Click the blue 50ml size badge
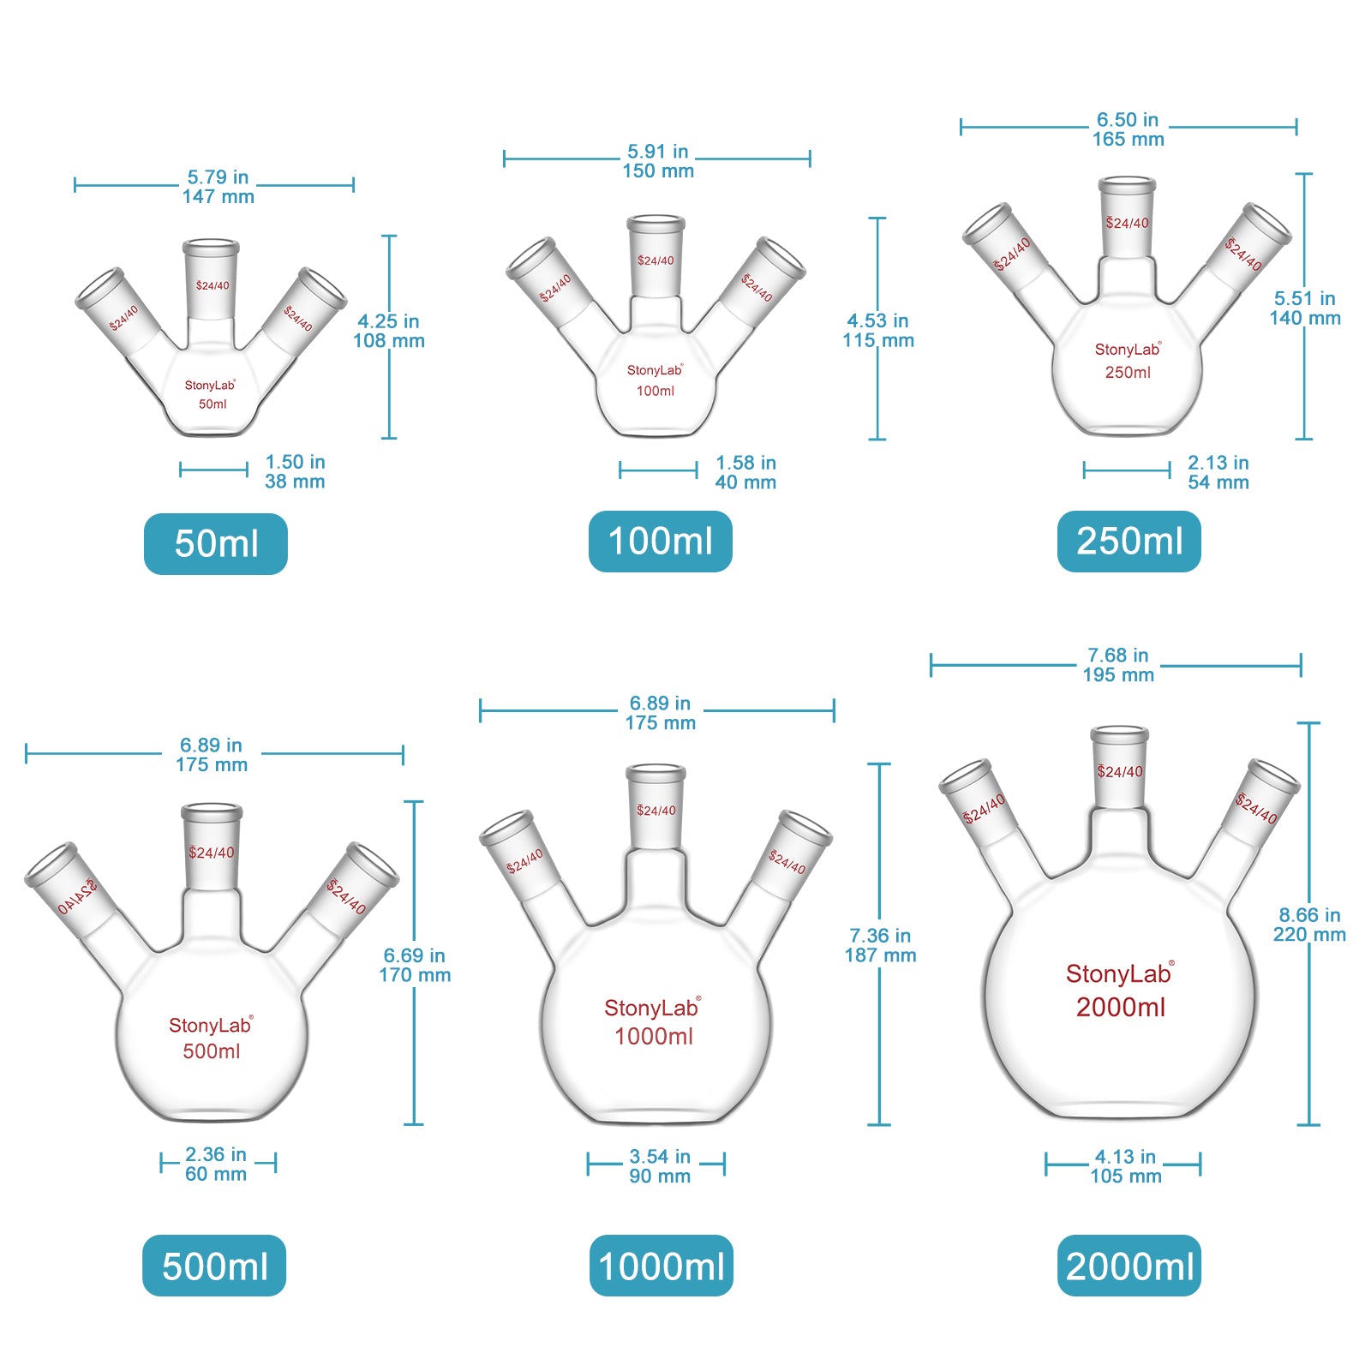pos(216,544)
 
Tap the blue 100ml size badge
pos(660,542)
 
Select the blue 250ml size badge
pos(1129,542)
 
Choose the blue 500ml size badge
pos(214,1266)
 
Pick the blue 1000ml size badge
pos(661,1266)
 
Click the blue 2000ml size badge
pos(1129,1266)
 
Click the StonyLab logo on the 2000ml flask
pos(1119,973)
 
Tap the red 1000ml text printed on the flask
pos(654,1037)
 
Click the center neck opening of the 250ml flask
pos(1127,183)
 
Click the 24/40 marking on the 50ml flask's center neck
pos(213,285)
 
